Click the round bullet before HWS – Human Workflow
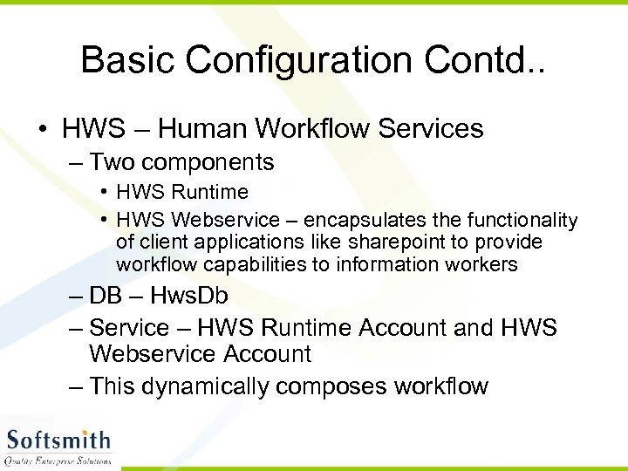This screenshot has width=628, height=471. click(43, 130)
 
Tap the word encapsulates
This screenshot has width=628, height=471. click(346, 220)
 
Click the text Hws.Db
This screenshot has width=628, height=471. click(189, 297)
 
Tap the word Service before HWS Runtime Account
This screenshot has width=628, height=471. click(129, 328)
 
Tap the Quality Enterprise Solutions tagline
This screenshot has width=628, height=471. click(58, 460)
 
